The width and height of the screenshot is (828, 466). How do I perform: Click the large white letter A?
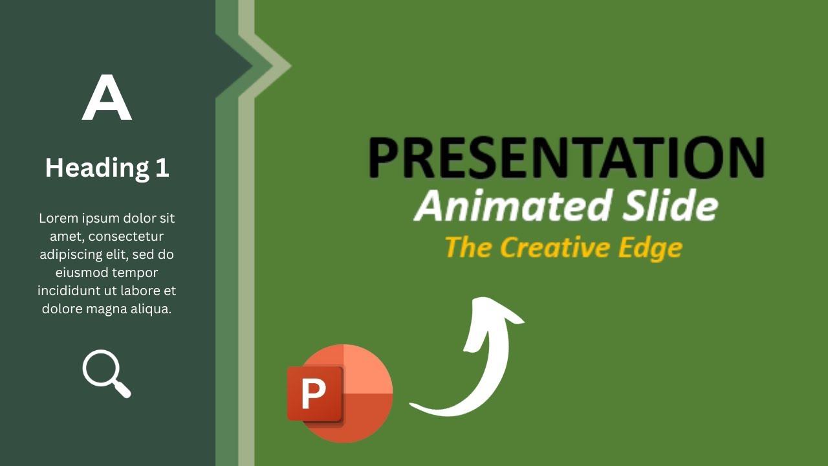point(107,98)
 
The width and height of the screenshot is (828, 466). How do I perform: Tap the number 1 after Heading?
point(162,168)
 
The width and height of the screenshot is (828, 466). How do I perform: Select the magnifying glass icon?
point(106,373)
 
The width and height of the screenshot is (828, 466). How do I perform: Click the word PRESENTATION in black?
point(566,157)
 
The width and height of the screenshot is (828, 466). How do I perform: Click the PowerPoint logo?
point(341,394)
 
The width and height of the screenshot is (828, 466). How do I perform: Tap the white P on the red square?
point(314,394)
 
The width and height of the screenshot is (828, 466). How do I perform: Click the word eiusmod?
point(82,272)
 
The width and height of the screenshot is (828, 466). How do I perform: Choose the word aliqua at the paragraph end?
point(150,309)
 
